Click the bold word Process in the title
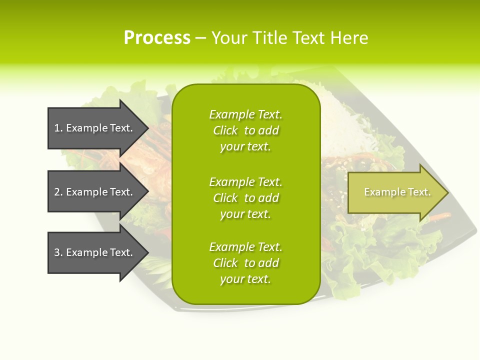coord(157,38)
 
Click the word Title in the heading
coord(268,38)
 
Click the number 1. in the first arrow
coord(58,128)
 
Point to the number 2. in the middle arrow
coord(58,192)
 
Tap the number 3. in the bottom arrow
coord(58,252)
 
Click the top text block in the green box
coord(245,130)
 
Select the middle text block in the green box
coord(245,198)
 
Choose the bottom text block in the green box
coord(245,263)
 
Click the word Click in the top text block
coord(225,131)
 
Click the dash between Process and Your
coord(200,38)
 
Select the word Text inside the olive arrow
coord(419,192)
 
